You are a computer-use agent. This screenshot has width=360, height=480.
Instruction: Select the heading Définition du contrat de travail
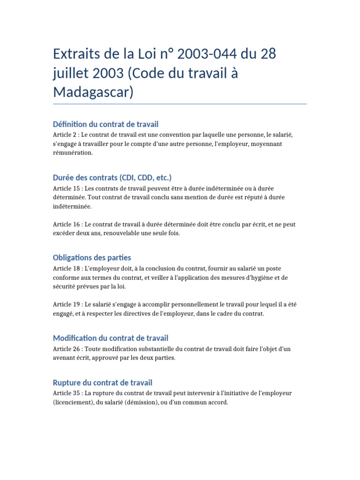pos(106,124)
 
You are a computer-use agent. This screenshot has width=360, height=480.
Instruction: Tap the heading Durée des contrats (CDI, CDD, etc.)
pos(112,178)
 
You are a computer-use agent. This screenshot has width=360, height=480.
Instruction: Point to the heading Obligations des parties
pos(92,258)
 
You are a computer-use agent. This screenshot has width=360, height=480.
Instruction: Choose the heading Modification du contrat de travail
pos(111,338)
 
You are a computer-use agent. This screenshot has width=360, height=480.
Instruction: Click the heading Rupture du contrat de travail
pos(103,383)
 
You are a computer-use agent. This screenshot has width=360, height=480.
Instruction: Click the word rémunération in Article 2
pos(73,153)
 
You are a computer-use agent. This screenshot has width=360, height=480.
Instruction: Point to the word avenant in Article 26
pos(65,358)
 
